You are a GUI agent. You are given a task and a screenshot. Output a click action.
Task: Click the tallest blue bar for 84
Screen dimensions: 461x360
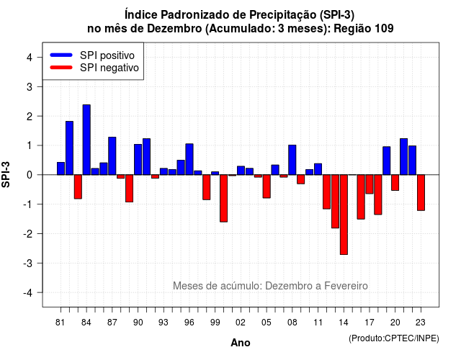coord(86,140)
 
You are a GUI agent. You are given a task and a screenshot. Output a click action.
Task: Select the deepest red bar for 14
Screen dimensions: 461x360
coord(344,215)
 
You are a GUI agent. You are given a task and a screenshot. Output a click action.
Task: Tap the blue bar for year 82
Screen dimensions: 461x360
coord(69,148)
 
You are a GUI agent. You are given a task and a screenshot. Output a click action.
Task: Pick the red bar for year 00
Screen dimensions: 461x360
coord(224,199)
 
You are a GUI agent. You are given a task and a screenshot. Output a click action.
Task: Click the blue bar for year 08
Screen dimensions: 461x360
coord(292,160)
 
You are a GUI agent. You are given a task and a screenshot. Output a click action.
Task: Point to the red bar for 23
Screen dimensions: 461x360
coord(421,192)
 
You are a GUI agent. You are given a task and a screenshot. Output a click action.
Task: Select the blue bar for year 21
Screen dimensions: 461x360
coord(403,157)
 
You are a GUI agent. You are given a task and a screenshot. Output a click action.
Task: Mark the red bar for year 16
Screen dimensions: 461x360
coord(361,197)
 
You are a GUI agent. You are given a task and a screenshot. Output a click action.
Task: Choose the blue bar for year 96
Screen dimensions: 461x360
coord(189,159)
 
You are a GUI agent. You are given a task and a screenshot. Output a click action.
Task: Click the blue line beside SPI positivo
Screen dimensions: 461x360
coord(61,55)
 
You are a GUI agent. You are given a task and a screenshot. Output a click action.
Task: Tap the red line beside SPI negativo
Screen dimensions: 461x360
coord(61,68)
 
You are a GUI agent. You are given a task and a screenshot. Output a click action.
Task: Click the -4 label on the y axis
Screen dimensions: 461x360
coord(28,293)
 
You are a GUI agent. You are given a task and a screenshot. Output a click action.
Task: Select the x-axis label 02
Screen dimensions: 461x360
coord(241,323)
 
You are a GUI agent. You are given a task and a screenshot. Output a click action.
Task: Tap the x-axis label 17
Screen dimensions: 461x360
coord(370,323)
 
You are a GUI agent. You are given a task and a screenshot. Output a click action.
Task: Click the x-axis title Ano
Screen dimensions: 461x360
coord(241,343)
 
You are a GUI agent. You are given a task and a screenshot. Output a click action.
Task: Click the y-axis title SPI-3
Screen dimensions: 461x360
coord(6,174)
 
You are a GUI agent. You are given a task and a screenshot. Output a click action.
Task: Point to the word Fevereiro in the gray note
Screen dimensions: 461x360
coord(346,286)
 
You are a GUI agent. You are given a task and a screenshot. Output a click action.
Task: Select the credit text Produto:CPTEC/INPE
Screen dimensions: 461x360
coord(394,338)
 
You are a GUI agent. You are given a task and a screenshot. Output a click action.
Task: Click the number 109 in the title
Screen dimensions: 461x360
coord(384,29)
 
